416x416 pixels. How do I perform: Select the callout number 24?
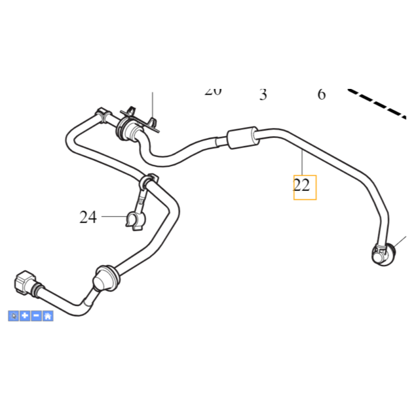coord(88,217)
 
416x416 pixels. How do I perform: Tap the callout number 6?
coord(321,95)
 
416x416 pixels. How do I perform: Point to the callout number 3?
coord(263,95)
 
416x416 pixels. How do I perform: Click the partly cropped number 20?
coord(213,92)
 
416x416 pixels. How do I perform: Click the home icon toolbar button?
coord(48,316)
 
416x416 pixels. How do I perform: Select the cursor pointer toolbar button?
coord(14,316)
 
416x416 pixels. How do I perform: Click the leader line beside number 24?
coord(113,216)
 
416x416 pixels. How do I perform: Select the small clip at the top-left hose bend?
coord(101,113)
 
